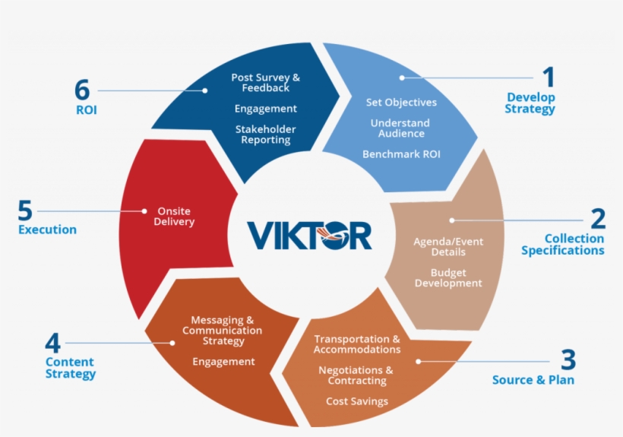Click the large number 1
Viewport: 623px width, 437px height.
click(548, 78)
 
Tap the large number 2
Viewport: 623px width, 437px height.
click(598, 219)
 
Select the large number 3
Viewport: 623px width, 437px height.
click(568, 359)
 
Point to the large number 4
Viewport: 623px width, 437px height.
click(53, 342)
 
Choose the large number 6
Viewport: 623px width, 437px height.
click(82, 90)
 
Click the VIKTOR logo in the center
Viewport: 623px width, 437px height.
click(309, 236)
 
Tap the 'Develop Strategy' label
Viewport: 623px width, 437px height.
click(531, 103)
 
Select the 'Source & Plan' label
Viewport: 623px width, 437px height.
click(533, 380)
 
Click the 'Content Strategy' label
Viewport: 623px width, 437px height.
click(71, 368)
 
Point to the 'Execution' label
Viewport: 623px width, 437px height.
click(47, 230)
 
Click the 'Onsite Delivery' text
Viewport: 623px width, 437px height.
click(174, 217)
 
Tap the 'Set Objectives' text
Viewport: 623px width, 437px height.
click(401, 103)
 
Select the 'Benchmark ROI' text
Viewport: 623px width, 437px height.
click(401, 154)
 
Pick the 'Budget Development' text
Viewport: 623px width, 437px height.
click(448, 278)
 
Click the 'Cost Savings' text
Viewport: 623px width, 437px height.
click(357, 401)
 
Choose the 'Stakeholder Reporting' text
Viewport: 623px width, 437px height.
click(265, 135)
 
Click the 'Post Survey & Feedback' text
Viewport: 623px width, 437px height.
click(265, 83)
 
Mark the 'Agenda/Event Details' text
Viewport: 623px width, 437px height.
click(448, 247)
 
